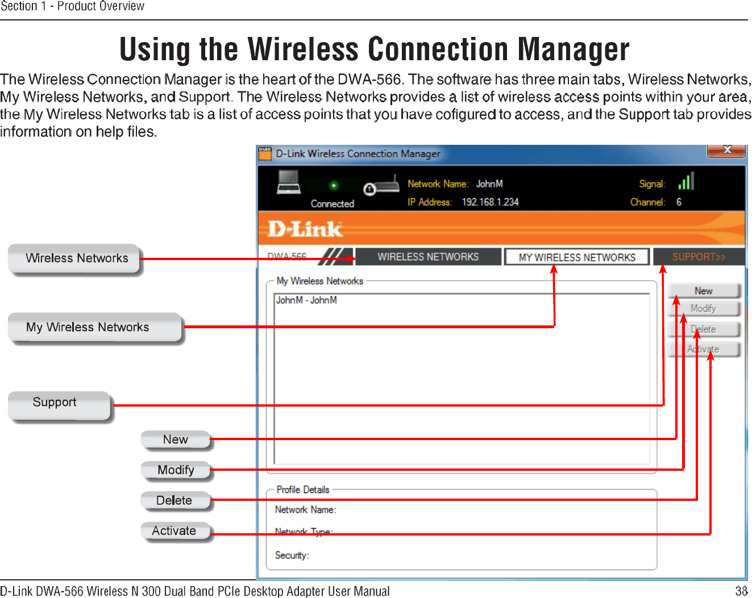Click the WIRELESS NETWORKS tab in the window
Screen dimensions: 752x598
click(428, 257)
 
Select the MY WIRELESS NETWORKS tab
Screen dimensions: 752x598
click(576, 257)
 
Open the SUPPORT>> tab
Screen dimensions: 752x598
click(699, 257)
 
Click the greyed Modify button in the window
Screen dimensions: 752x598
click(704, 308)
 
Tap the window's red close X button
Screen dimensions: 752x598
click(726, 150)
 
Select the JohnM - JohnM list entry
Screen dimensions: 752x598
click(306, 300)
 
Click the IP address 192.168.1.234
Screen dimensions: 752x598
click(490, 202)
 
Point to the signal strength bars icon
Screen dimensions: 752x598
click(685, 182)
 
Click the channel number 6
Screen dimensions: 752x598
click(679, 202)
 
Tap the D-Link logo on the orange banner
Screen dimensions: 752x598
click(305, 229)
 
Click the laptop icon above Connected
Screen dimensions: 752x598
click(289, 182)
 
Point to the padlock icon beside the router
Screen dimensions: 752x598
click(369, 189)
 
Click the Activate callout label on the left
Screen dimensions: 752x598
click(174, 531)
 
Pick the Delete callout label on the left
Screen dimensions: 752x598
click(174, 500)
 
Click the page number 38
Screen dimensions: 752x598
click(741, 591)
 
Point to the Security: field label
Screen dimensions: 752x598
click(292, 555)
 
